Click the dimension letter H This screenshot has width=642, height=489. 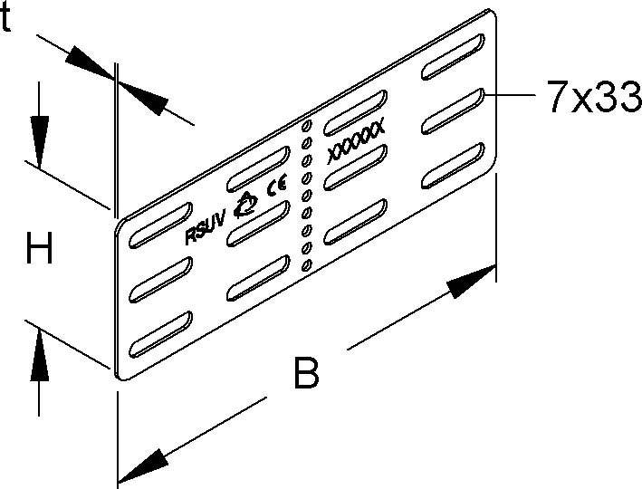(x=39, y=248)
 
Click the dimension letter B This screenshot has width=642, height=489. (x=306, y=373)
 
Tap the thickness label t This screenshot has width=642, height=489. (x=5, y=18)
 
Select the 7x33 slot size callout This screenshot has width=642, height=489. (x=594, y=96)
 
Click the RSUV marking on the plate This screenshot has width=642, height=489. (x=206, y=230)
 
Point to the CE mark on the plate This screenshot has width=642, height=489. (x=277, y=185)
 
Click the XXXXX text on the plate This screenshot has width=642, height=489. (x=356, y=141)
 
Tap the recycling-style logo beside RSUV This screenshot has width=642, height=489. (x=245, y=205)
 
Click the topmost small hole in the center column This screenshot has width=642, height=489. (x=306, y=125)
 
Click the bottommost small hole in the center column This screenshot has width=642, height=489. (x=306, y=266)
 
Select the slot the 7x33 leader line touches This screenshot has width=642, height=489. (x=454, y=110)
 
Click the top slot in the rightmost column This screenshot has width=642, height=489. (x=454, y=56)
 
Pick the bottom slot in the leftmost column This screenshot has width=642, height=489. (x=160, y=334)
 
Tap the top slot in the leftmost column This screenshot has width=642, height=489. (x=160, y=225)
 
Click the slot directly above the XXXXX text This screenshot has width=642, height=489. (x=355, y=112)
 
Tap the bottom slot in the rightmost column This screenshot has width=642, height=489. (x=454, y=165)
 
